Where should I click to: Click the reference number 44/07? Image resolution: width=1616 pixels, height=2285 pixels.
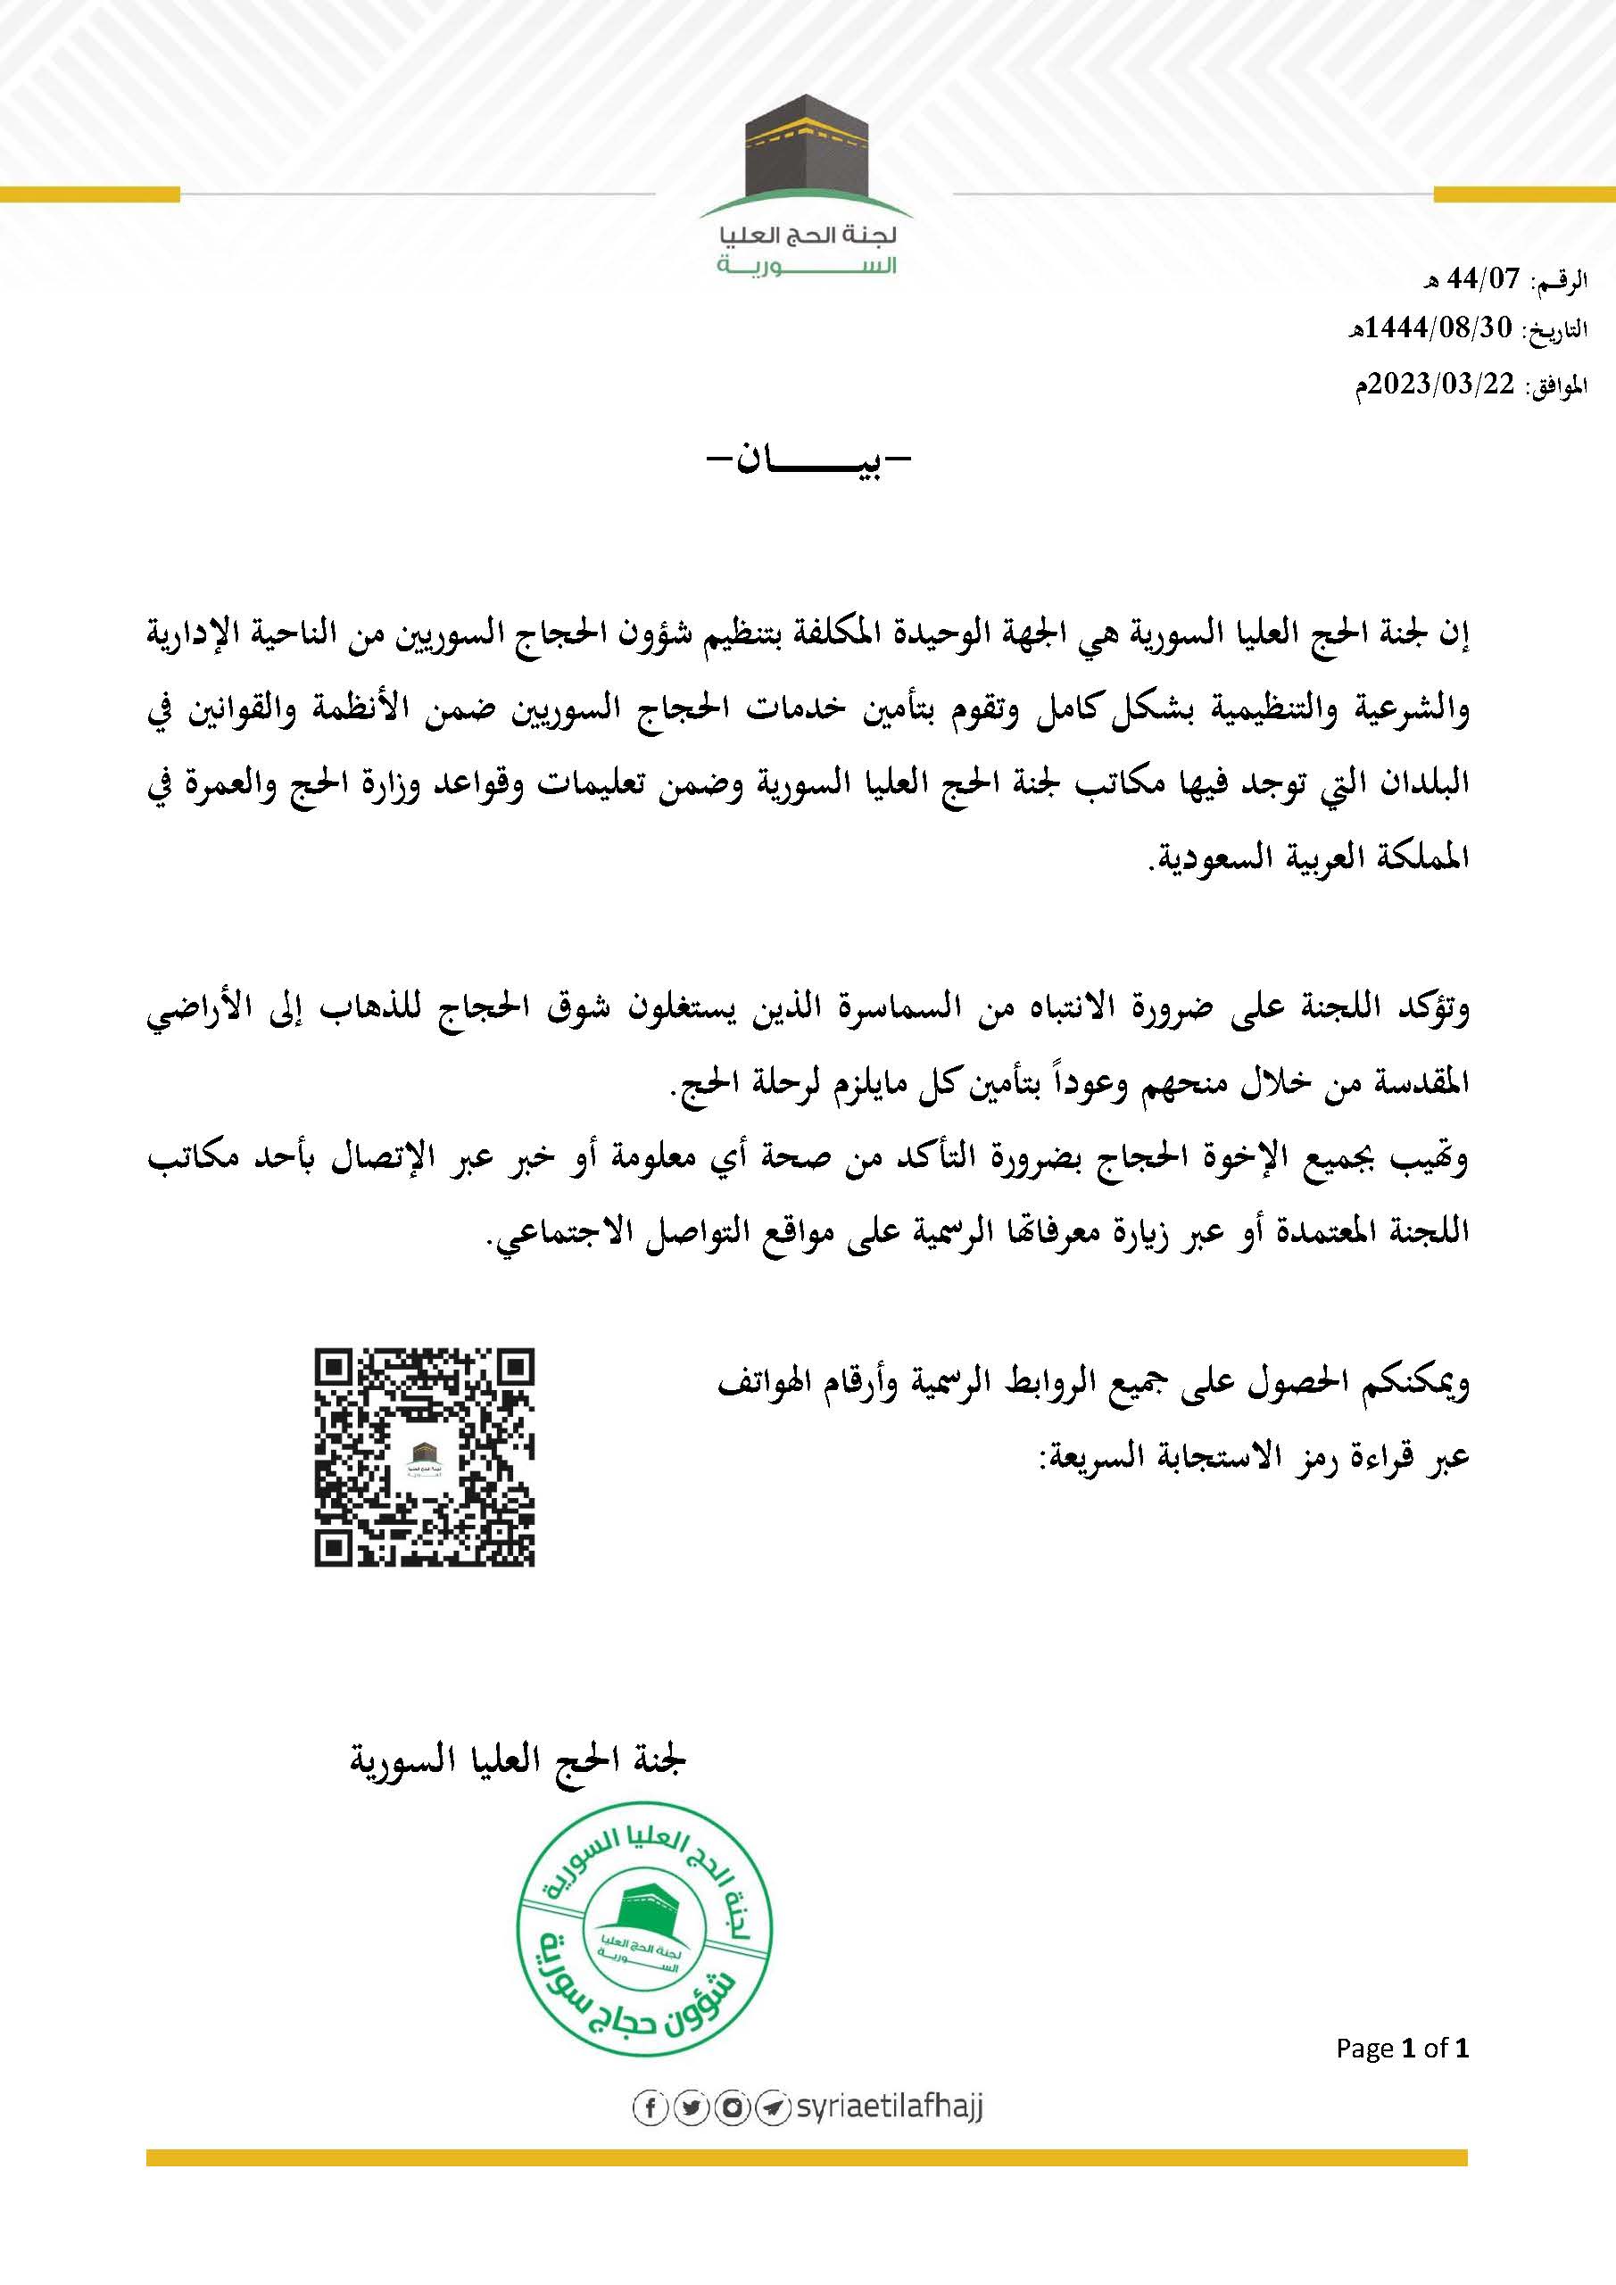1485,281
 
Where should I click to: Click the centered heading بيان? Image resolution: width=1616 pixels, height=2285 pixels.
807,464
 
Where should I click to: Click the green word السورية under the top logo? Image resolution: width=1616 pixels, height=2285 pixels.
806,267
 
